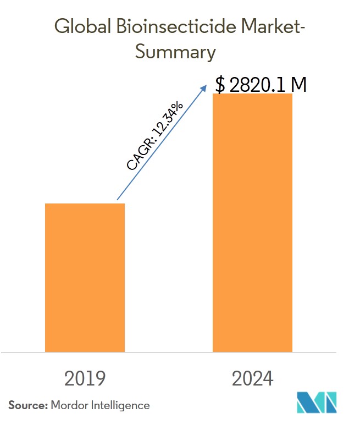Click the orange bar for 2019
click(x=85, y=277)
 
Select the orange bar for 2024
click(x=252, y=222)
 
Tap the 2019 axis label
click(x=85, y=378)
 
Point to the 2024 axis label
click(x=252, y=378)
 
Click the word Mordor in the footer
click(x=70, y=405)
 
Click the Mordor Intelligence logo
click(x=317, y=403)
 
